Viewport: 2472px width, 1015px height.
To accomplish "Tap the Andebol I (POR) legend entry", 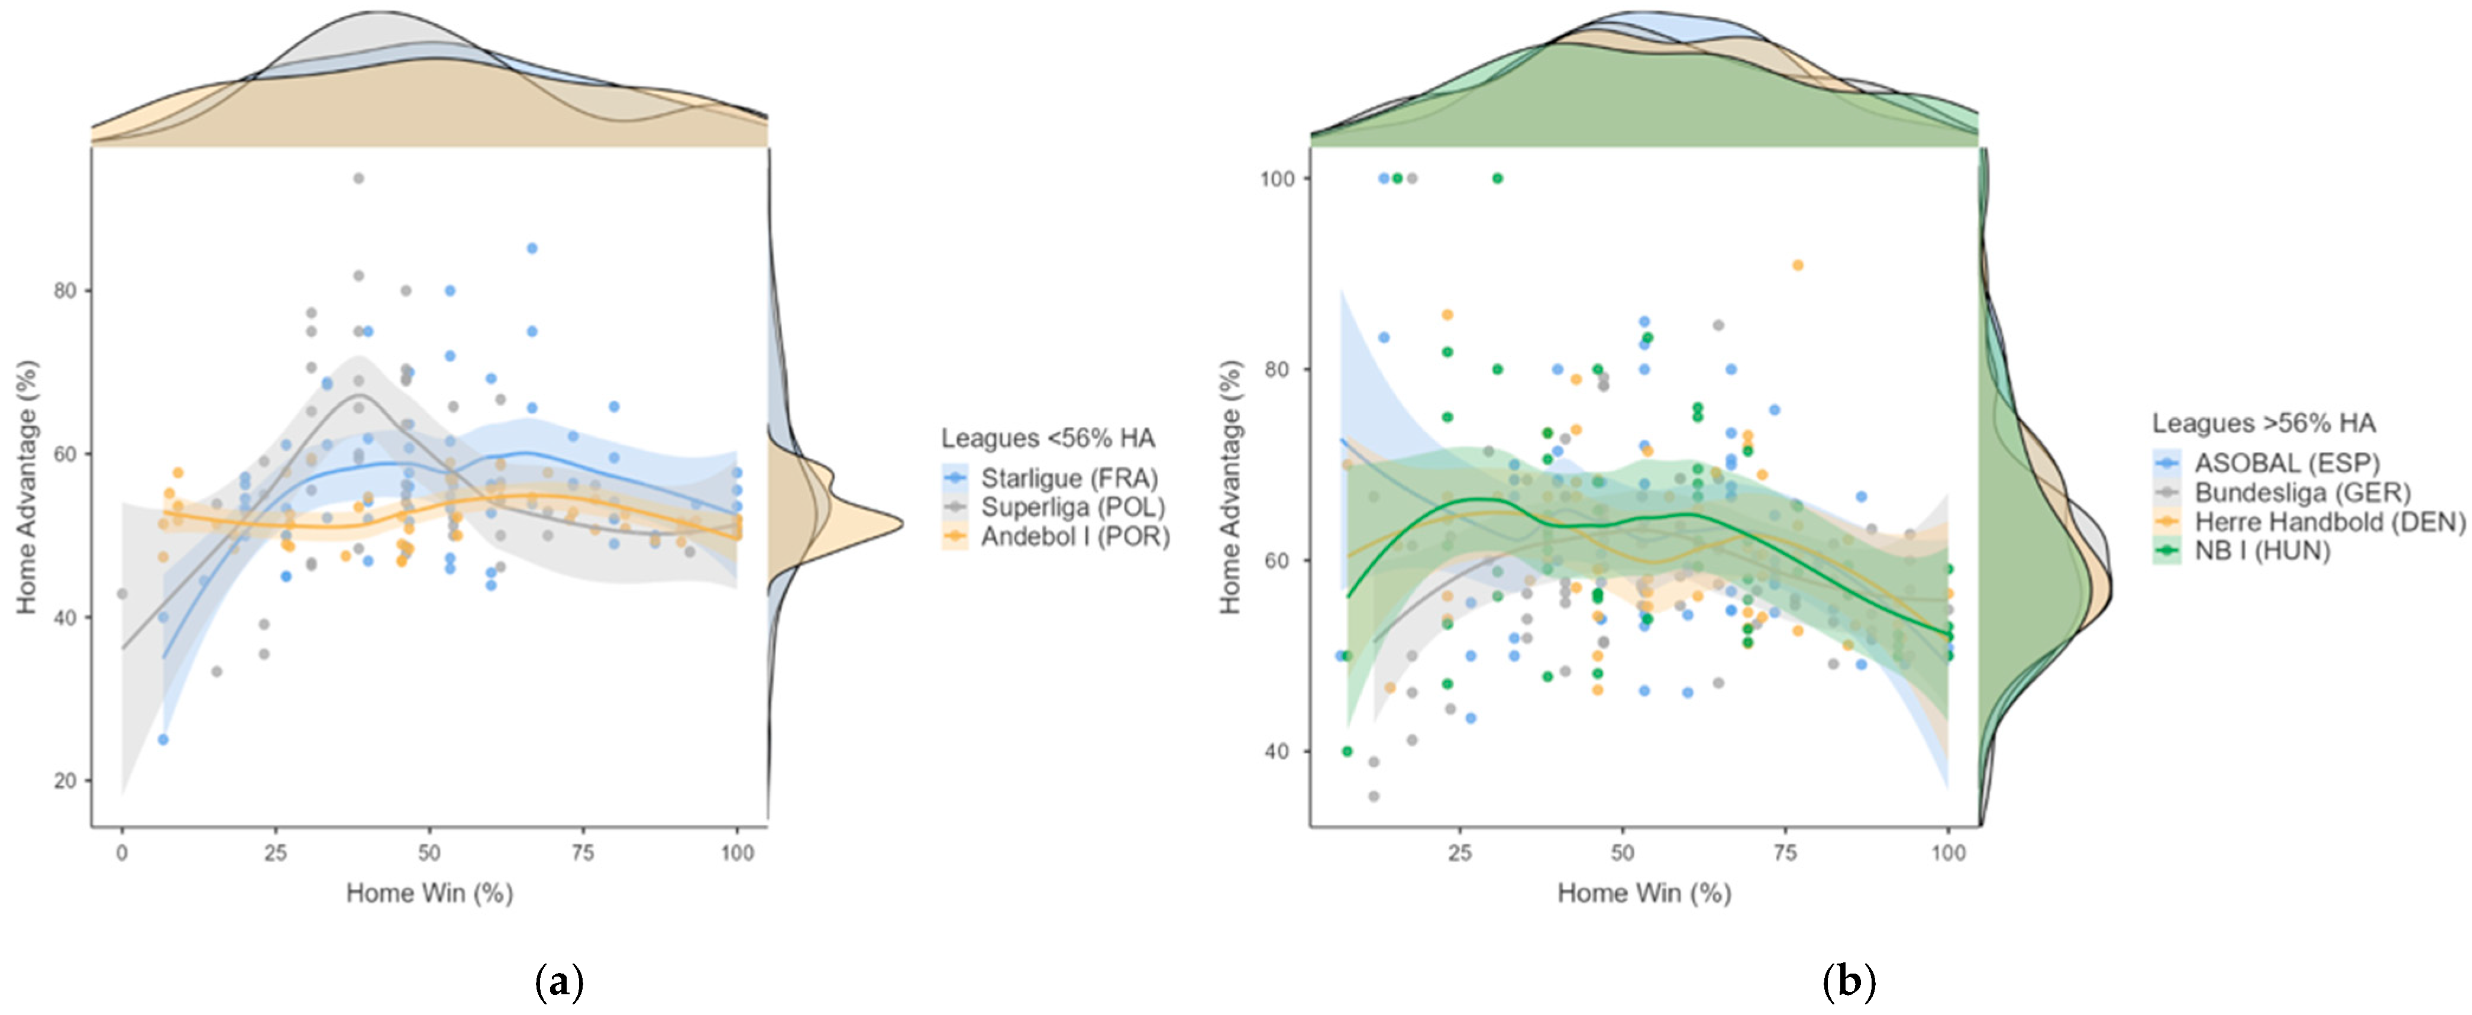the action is click(1056, 536).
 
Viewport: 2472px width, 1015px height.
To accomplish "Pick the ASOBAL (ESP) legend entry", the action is click(2267, 463).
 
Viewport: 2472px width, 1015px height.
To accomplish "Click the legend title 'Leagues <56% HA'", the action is click(1048, 438).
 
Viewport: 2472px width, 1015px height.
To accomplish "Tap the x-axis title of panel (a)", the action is click(430, 893).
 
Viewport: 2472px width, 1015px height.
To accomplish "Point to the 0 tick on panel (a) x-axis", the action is click(122, 853).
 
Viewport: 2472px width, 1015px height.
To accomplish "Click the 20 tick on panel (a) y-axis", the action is click(65, 781).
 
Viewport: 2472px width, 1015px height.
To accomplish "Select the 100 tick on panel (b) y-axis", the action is click(1277, 179).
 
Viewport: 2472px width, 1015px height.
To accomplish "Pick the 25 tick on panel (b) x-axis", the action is click(1459, 853).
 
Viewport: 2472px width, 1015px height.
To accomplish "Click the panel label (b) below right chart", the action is click(1849, 983).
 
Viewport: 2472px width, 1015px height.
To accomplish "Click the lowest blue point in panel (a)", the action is click(163, 740).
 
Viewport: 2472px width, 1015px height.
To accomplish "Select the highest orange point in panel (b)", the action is click(1798, 266).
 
